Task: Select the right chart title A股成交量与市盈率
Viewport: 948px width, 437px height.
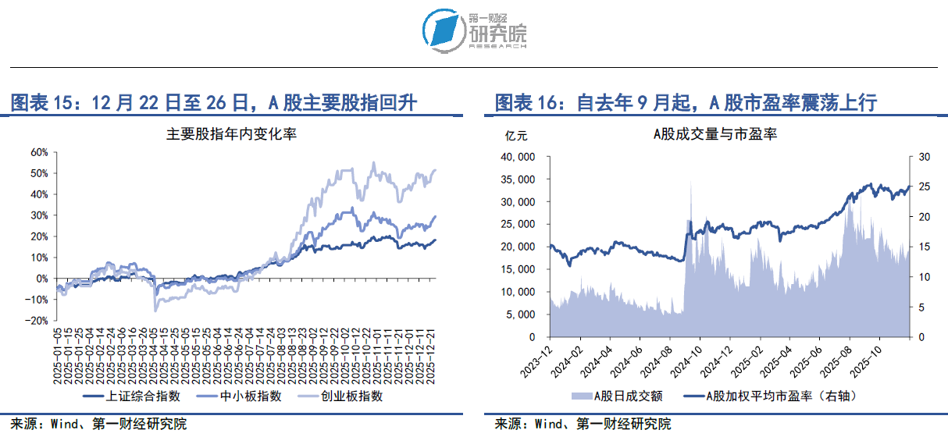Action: click(x=715, y=133)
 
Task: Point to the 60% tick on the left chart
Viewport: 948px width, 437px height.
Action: click(x=38, y=152)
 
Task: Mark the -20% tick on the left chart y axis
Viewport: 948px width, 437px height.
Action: click(x=37, y=321)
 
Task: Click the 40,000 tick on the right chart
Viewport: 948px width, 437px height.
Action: click(x=516, y=157)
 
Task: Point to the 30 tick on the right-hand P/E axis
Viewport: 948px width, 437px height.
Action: click(x=925, y=157)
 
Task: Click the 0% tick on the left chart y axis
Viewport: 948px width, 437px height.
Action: click(x=41, y=279)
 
